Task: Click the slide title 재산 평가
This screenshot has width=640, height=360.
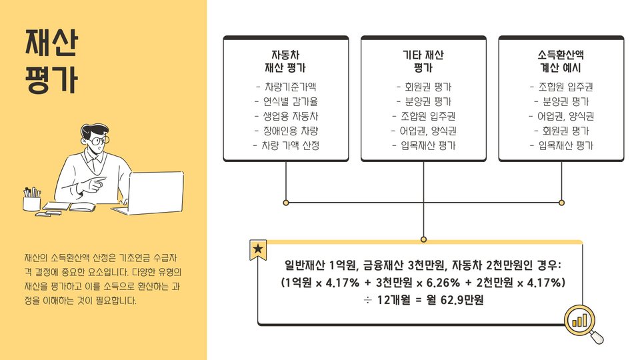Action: pyautogui.click(x=51, y=62)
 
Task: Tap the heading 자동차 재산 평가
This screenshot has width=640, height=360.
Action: pyautogui.click(x=286, y=61)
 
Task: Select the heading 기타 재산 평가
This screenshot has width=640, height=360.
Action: pyautogui.click(x=423, y=61)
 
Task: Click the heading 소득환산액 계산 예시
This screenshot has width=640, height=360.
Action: pyautogui.click(x=561, y=61)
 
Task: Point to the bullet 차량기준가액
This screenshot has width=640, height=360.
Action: pyautogui.click(x=286, y=87)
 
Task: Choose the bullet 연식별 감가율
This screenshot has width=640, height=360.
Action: pyautogui.click(x=286, y=102)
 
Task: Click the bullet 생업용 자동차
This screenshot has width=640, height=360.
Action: pyautogui.click(x=286, y=117)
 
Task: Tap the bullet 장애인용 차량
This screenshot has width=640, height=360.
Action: pyautogui.click(x=286, y=131)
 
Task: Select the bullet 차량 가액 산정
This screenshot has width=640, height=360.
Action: pyautogui.click(x=286, y=145)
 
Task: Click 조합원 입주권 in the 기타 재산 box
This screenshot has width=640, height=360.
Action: pyautogui.click(x=423, y=117)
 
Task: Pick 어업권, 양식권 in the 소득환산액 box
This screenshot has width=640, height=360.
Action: pyautogui.click(x=561, y=117)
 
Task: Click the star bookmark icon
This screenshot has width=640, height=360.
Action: pyautogui.click(x=258, y=250)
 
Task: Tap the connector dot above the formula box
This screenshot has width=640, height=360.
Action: pyautogui.click(x=423, y=239)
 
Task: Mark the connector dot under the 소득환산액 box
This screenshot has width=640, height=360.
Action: pyautogui.click(x=561, y=202)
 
